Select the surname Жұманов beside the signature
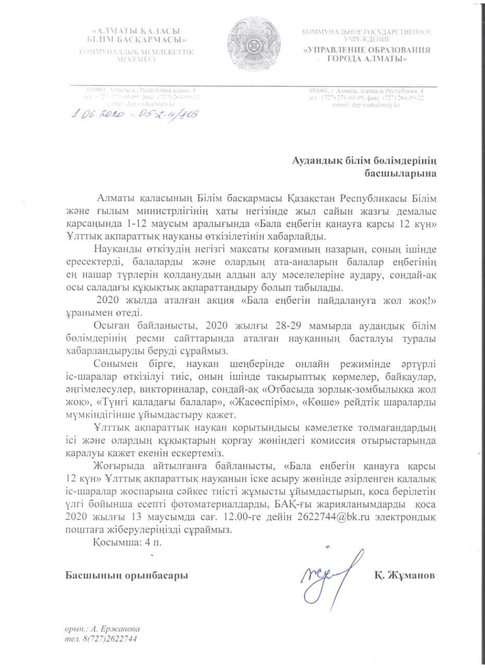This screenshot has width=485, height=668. point(404,576)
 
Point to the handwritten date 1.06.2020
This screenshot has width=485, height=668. point(95,114)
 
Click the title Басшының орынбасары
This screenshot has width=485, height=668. point(127,576)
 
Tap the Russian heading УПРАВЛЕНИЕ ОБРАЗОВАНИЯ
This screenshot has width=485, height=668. point(368,50)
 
